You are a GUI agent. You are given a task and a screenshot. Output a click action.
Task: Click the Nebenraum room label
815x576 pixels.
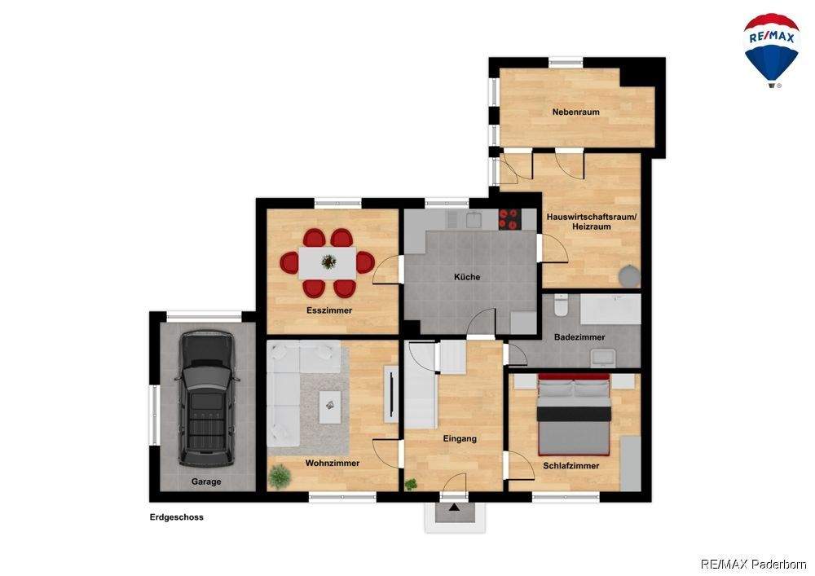(575, 112)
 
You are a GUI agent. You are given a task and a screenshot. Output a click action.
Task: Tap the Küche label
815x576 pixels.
(467, 277)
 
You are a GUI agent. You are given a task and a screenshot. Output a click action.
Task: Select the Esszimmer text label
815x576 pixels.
(329, 310)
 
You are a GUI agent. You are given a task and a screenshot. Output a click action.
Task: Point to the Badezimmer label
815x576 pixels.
(579, 337)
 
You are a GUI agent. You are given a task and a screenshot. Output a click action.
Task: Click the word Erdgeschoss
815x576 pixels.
(176, 517)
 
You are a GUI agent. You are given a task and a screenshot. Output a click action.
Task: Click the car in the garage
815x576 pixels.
(206, 398)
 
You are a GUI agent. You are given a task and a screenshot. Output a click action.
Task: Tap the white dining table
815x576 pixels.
(328, 262)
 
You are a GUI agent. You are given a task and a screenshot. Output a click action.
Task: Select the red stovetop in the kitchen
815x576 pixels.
(509, 219)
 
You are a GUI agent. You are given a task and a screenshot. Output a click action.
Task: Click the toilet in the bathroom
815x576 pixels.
(561, 306)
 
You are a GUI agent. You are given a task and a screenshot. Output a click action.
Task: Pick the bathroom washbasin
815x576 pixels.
(603, 358)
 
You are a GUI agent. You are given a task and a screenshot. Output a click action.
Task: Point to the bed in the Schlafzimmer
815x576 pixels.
(573, 414)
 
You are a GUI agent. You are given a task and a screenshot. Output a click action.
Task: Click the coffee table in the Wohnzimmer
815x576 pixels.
(329, 401)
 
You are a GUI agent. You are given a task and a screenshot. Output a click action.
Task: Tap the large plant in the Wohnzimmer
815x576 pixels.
(280, 477)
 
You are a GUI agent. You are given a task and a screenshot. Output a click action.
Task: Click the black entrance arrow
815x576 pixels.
(454, 507)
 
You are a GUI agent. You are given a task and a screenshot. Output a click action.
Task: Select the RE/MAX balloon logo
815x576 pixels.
(771, 51)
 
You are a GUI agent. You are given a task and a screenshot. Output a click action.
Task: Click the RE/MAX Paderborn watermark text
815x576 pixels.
(754, 564)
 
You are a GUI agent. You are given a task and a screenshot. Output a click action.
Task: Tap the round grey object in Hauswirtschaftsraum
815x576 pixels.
(629, 276)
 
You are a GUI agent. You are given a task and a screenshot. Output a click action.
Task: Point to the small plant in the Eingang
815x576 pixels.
(411, 484)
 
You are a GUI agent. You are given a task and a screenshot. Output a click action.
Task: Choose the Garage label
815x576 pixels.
(206, 482)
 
